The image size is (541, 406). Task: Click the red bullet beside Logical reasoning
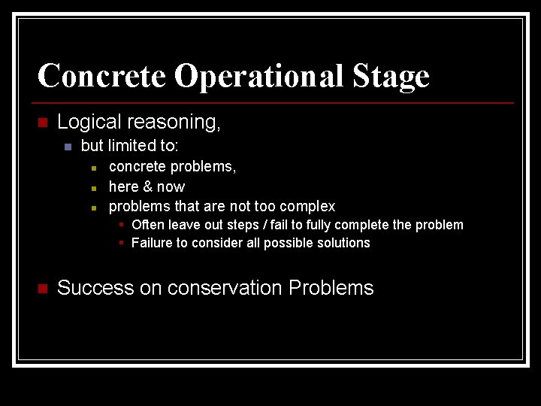[x=42, y=123]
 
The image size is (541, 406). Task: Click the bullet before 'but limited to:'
[x=67, y=146]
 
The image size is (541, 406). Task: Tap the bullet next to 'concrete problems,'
[x=93, y=168]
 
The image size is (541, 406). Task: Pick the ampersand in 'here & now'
[x=146, y=186]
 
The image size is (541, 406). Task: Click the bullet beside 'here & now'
[x=93, y=187]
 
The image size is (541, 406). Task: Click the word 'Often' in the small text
[x=147, y=225]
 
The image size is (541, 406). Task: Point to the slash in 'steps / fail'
[x=275, y=225]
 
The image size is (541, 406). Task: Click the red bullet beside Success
[x=42, y=289]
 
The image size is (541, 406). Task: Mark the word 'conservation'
[x=228, y=288]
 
